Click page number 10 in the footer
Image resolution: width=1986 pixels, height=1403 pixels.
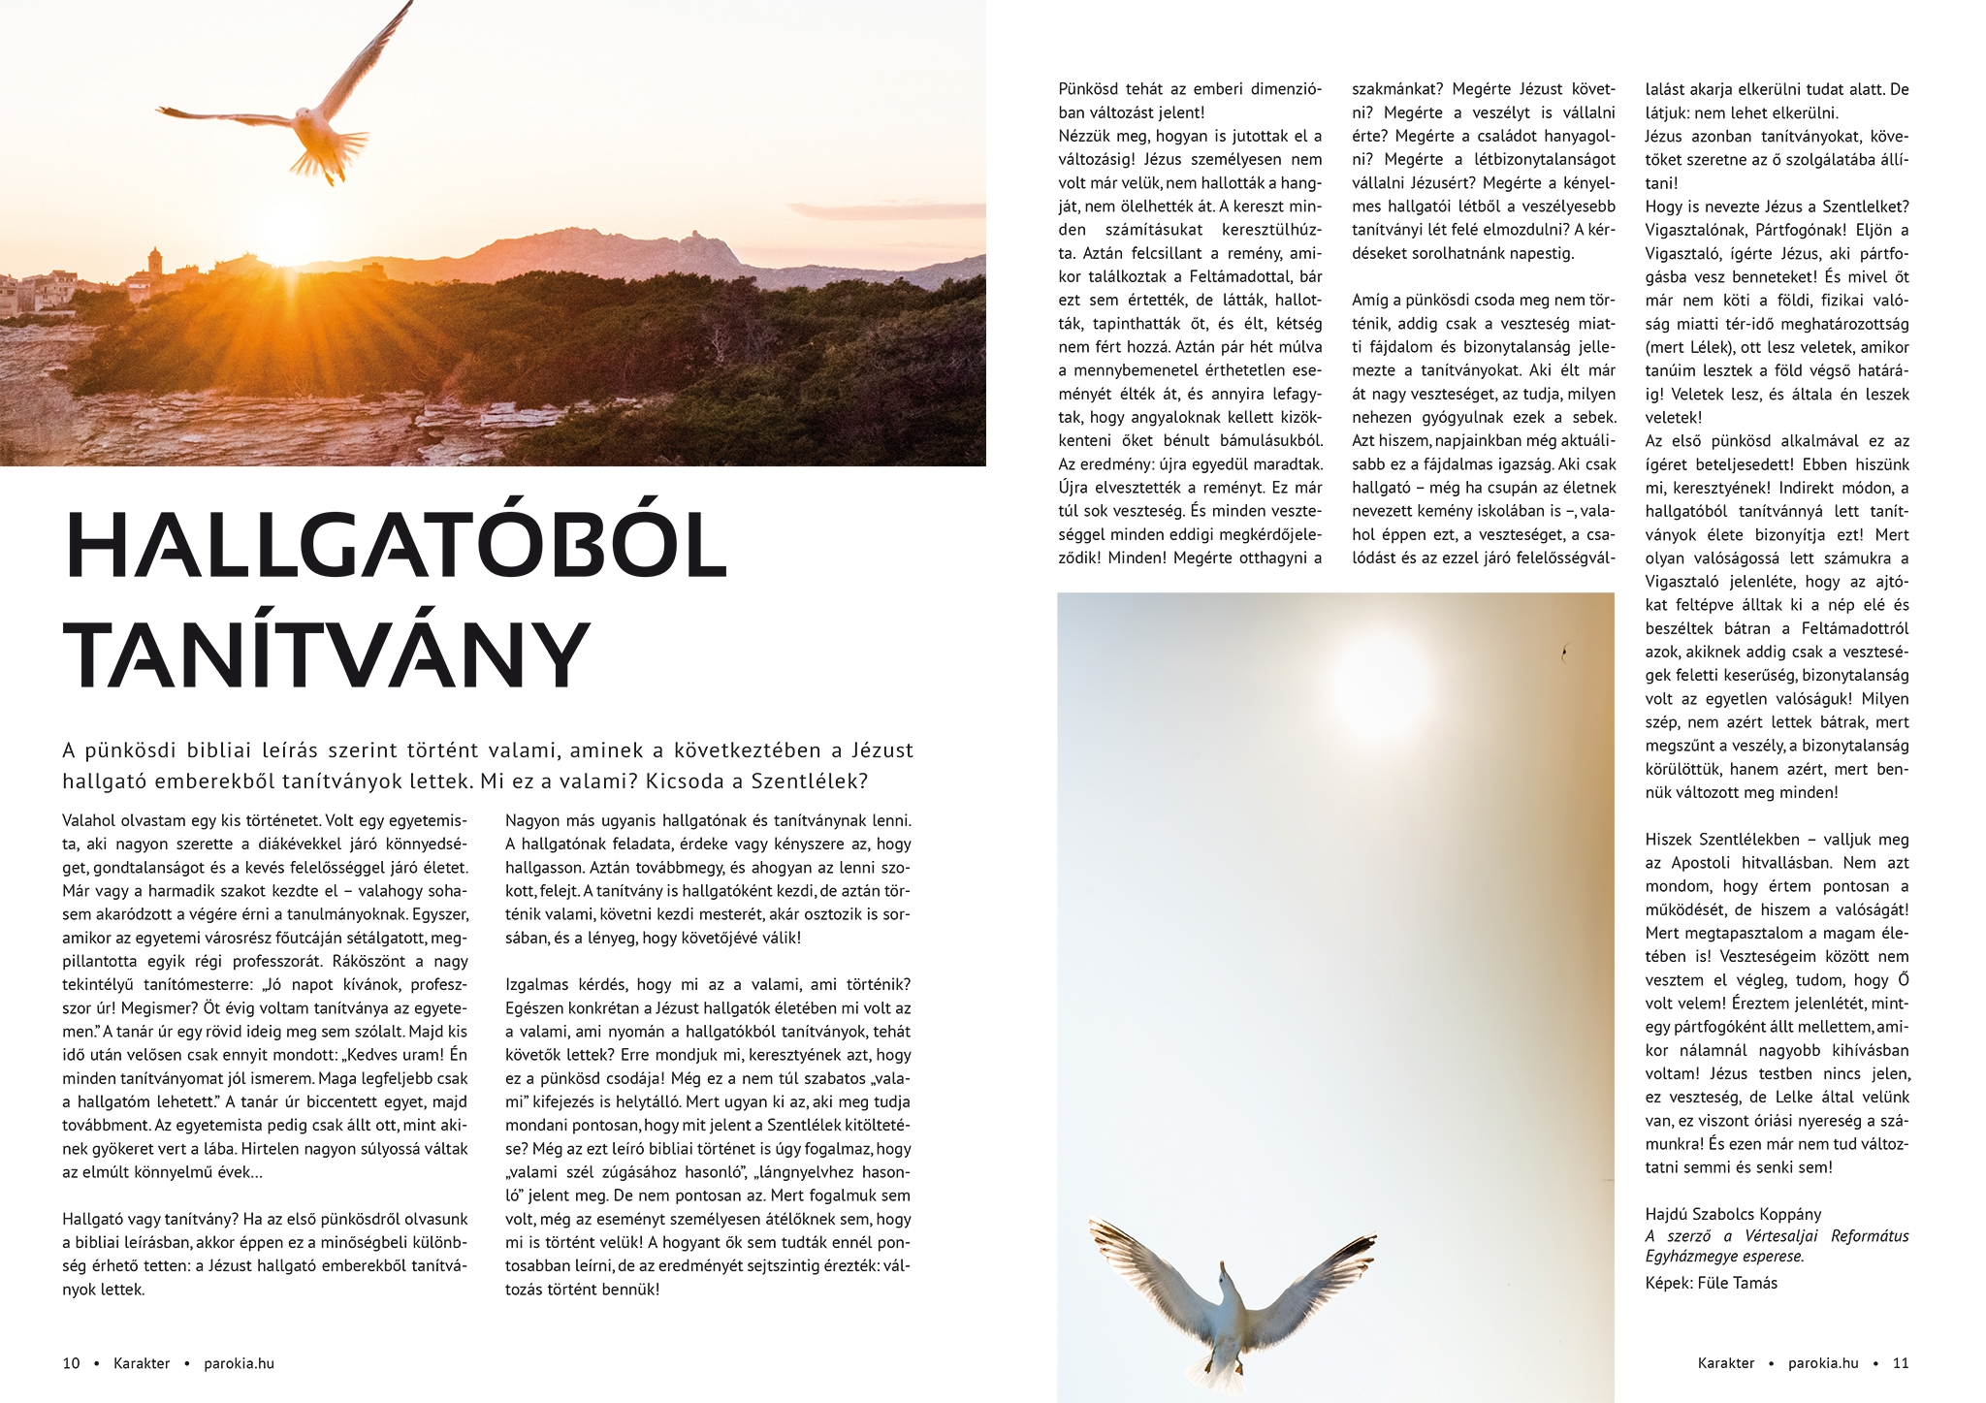71,1363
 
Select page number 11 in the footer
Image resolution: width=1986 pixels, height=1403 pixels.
1900,1363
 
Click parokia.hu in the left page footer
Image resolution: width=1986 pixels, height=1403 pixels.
239,1363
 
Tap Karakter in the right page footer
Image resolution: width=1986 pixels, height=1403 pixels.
1725,1363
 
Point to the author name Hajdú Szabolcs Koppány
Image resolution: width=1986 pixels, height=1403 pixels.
1732,1214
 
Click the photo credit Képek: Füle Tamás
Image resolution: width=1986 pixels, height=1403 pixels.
1711,1283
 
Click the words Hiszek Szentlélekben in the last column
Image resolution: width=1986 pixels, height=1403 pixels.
1721,840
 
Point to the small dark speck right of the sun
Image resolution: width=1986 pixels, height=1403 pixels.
1563,653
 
